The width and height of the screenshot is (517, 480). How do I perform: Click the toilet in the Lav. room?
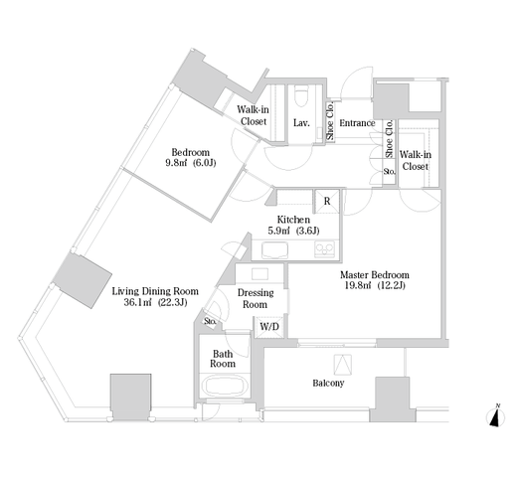pos(301,95)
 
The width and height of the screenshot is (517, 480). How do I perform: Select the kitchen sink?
pos(274,249)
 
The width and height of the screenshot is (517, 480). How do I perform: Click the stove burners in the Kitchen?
pos(325,249)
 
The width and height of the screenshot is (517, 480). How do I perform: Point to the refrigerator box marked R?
pos(327,201)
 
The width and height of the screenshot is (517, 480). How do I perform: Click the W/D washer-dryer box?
pos(269,327)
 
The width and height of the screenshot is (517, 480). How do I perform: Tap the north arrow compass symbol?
pos(495,415)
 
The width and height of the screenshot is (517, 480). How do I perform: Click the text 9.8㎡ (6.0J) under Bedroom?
pos(191,163)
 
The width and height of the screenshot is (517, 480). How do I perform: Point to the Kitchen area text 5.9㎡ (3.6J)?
pos(293,231)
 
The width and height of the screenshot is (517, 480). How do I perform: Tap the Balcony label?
pos(328,383)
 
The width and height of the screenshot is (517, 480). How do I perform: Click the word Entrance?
pos(357,123)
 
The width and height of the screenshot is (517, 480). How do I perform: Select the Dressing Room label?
pos(256,298)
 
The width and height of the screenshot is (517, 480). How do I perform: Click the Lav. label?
pos(301,123)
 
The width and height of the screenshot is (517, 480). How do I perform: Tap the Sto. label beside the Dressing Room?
pos(211,321)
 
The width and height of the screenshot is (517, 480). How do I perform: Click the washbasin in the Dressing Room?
pos(259,274)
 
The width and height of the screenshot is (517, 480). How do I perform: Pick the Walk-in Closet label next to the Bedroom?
pos(254,115)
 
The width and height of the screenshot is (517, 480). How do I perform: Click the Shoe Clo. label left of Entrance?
pos(330,121)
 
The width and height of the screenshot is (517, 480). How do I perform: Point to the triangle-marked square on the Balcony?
pos(343,365)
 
